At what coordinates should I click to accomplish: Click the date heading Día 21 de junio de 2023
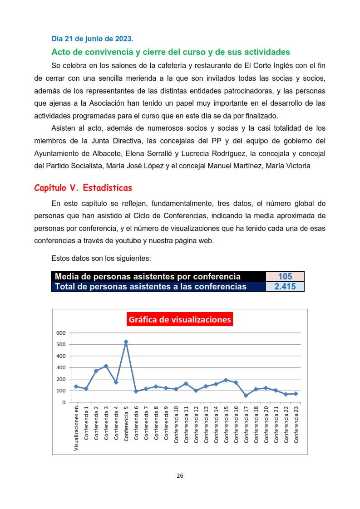click(92, 39)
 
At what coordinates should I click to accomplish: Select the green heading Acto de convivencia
click(171, 52)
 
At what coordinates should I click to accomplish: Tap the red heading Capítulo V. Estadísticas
click(83, 188)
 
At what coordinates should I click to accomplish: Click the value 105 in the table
click(285, 276)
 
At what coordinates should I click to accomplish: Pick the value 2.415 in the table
click(285, 286)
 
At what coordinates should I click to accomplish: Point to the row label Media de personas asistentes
click(148, 276)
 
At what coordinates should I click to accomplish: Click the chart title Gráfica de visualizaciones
click(180, 319)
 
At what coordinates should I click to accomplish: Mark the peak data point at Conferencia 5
click(126, 342)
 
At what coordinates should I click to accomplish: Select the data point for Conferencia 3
click(106, 366)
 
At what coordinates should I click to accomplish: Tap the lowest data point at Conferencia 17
click(246, 396)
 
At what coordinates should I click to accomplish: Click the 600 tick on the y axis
click(61, 333)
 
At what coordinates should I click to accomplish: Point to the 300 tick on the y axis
click(61, 367)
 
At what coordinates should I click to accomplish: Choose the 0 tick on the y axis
click(64, 402)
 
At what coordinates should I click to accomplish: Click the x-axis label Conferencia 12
click(196, 424)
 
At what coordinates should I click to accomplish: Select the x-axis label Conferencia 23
click(296, 424)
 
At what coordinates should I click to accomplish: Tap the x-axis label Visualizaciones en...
click(76, 427)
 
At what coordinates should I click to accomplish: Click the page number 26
click(180, 476)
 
